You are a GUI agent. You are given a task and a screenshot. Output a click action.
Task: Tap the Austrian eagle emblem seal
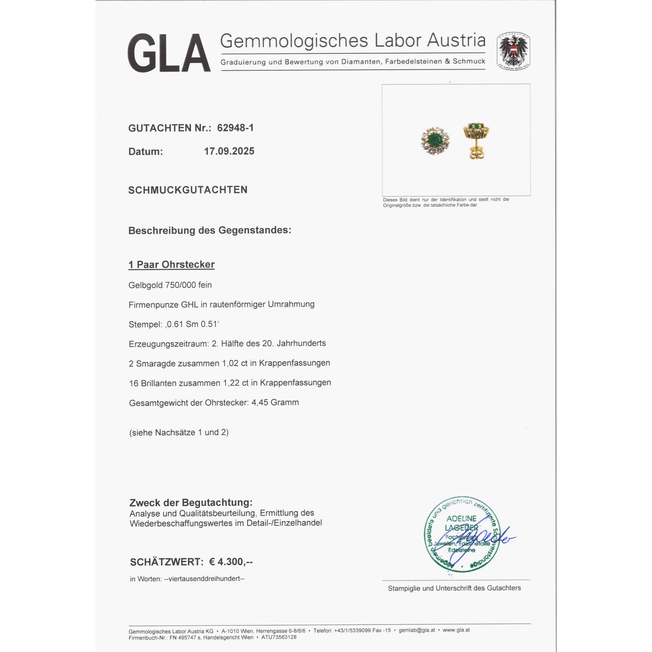pyautogui.click(x=513, y=51)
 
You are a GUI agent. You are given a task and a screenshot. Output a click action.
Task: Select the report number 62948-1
pyautogui.click(x=235, y=128)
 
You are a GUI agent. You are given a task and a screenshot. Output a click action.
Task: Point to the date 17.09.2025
pyautogui.click(x=229, y=151)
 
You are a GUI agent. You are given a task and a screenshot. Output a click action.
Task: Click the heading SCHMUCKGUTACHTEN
pyautogui.click(x=188, y=190)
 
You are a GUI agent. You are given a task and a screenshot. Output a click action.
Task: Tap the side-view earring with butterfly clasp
pyautogui.click(x=476, y=140)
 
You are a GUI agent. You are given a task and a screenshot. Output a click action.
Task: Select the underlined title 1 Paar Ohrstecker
pyautogui.click(x=171, y=265)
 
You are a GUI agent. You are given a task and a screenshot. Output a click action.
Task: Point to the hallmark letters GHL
pyautogui.click(x=189, y=305)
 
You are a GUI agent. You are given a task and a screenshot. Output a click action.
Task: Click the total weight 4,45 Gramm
pyautogui.click(x=275, y=403)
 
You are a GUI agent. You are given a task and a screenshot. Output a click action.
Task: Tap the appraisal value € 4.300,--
pyautogui.click(x=231, y=562)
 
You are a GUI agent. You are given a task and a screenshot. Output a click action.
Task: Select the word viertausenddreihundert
pyautogui.click(x=204, y=579)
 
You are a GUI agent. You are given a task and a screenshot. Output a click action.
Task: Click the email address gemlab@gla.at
pyautogui.click(x=416, y=630)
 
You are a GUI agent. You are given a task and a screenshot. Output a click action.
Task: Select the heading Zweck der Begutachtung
pyautogui.click(x=191, y=503)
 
